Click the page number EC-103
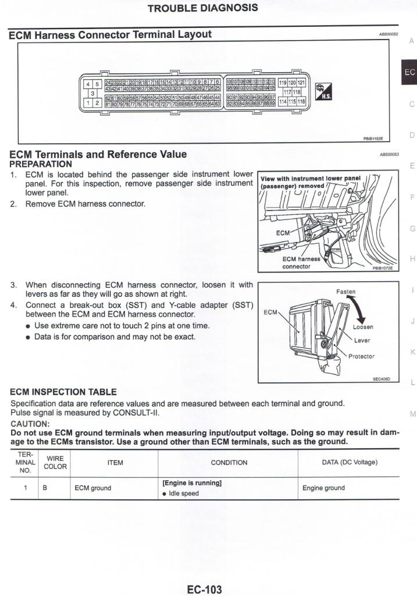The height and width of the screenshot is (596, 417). pyautogui.click(x=204, y=589)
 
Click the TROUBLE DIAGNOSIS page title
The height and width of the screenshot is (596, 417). pyautogui.click(x=202, y=8)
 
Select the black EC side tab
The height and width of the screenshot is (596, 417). pyautogui.click(x=409, y=72)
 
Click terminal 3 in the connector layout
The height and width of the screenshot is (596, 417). pyautogui.click(x=92, y=93)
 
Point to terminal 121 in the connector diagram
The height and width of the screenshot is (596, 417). pyautogui.click(x=301, y=83)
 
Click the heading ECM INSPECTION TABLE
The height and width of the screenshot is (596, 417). pyautogui.click(x=63, y=392)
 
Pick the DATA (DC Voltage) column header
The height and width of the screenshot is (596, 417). pyautogui.click(x=350, y=463)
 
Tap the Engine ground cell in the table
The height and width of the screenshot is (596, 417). pyautogui.click(x=323, y=488)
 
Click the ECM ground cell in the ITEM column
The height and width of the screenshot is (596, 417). pyautogui.click(x=92, y=488)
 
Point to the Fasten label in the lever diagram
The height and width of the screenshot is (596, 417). pyautogui.click(x=345, y=292)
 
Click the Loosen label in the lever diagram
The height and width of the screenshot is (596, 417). pyautogui.click(x=363, y=327)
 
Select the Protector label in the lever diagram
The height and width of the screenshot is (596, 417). pyautogui.click(x=361, y=356)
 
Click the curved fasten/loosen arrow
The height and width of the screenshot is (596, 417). pyautogui.click(x=362, y=309)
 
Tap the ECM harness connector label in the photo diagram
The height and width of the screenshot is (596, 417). pyautogui.click(x=301, y=262)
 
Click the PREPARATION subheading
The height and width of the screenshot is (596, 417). pyautogui.click(x=41, y=164)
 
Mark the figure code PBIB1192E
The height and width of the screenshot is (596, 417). pyautogui.click(x=373, y=139)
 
